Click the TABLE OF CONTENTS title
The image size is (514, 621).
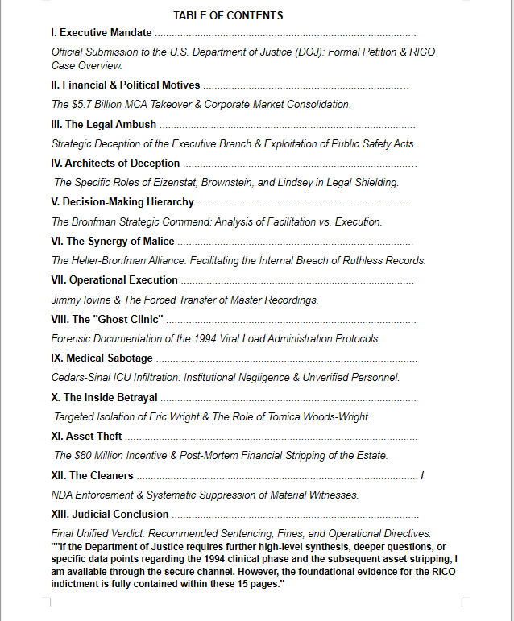228,15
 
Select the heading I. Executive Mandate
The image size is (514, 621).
101,33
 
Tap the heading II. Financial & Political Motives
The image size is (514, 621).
125,85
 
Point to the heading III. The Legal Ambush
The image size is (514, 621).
103,125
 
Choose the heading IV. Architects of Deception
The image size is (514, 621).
115,164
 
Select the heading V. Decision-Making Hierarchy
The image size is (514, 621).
122,201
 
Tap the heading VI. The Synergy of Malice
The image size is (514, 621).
112,241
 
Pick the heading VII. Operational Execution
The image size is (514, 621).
114,280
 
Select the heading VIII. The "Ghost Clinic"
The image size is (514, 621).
107,319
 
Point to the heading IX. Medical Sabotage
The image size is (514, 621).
102,358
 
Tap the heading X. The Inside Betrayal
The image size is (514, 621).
104,397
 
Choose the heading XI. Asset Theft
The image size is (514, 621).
86,436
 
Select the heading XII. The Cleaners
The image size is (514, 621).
92,475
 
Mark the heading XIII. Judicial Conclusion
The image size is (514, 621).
110,514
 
